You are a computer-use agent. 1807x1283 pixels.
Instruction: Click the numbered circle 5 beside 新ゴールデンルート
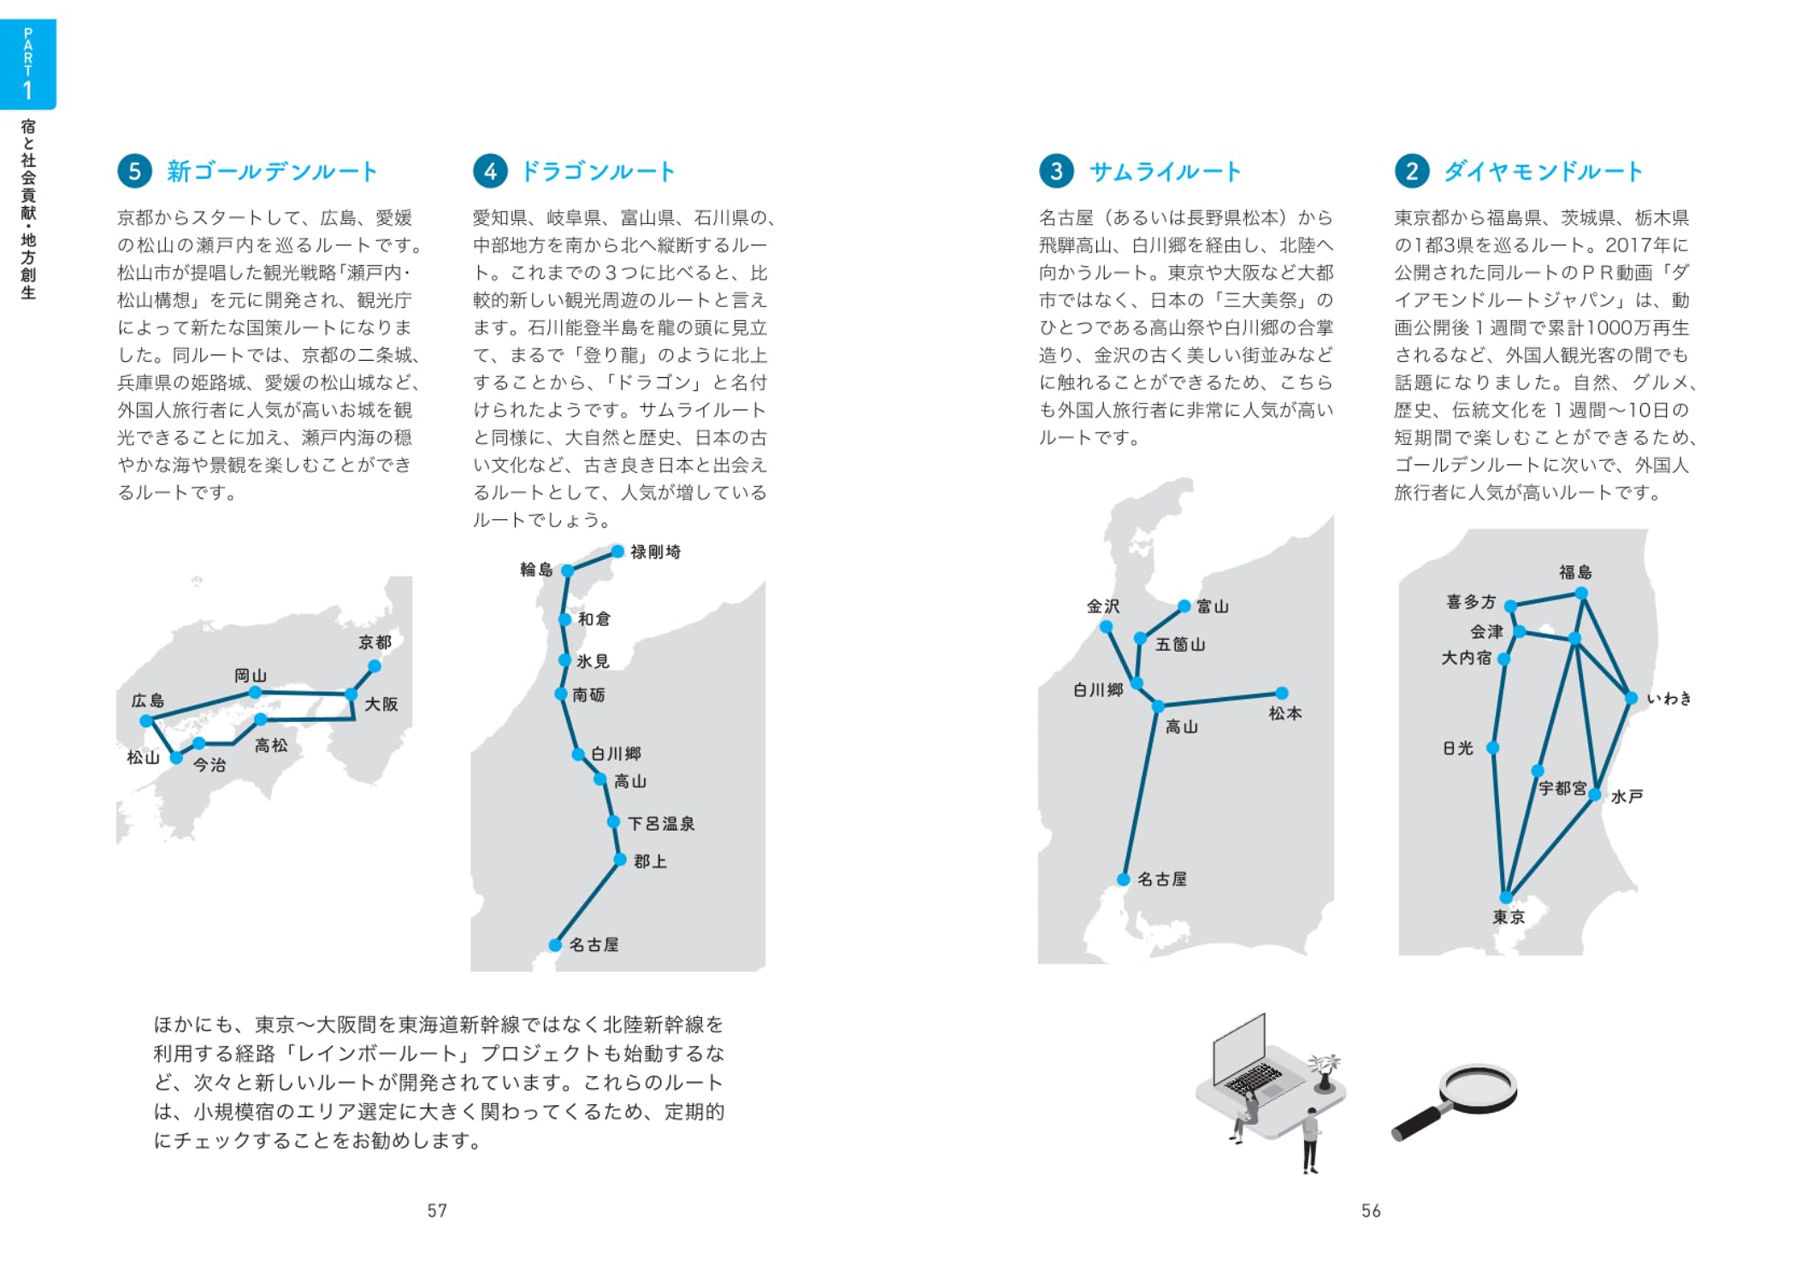click(x=134, y=171)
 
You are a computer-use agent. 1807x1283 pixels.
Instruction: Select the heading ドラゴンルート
click(x=598, y=172)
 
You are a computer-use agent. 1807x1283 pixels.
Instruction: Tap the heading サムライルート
click(x=1164, y=172)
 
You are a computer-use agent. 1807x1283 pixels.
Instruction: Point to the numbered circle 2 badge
click(x=1411, y=171)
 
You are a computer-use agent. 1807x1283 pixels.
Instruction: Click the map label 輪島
click(x=536, y=570)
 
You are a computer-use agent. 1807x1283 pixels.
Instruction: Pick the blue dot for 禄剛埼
click(x=617, y=551)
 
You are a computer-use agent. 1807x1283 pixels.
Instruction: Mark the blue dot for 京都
click(x=375, y=665)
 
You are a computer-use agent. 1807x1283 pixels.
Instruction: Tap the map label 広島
click(x=147, y=701)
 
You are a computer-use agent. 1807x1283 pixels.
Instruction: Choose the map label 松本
click(x=1284, y=713)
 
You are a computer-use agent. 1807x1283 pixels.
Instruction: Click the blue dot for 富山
click(x=1184, y=606)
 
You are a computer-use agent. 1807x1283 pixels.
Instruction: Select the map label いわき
click(x=1668, y=699)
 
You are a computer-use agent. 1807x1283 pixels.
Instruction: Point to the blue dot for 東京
click(x=1506, y=897)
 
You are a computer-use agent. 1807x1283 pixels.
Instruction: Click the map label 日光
click(x=1457, y=748)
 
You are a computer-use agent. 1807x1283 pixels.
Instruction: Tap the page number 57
click(x=437, y=1210)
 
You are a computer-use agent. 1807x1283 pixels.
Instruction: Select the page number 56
click(x=1370, y=1210)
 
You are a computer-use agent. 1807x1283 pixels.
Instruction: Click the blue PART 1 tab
click(x=28, y=64)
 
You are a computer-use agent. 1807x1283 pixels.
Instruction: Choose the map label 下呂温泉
click(x=661, y=824)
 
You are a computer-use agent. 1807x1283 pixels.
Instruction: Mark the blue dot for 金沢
click(x=1106, y=627)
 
